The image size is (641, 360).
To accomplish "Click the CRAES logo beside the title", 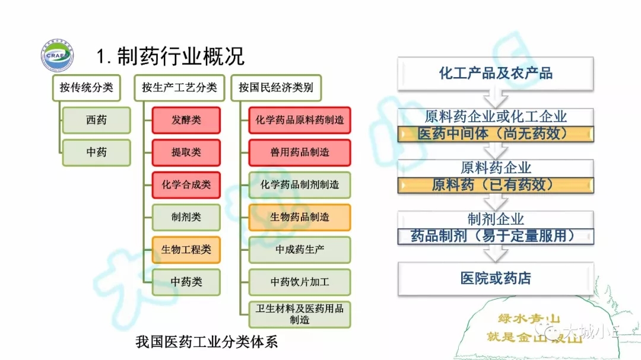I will pyautogui.click(x=58, y=56).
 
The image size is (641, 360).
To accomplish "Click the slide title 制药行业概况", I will pyautogui.click(x=170, y=56).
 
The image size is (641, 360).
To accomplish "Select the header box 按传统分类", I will pyautogui.click(x=86, y=88).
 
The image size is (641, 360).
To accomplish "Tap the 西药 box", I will pyautogui.click(x=96, y=120).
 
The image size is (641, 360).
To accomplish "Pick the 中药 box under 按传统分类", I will pyautogui.click(x=96, y=152).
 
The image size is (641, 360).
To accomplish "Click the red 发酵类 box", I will pyautogui.click(x=186, y=120).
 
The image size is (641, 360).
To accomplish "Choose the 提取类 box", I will pyautogui.click(x=186, y=152).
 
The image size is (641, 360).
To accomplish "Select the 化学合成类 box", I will pyautogui.click(x=186, y=185).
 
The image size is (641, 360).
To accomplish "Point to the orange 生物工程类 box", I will pyautogui.click(x=186, y=250).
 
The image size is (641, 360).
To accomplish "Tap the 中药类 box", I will pyautogui.click(x=186, y=282).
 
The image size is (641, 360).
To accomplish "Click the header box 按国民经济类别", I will pyautogui.click(x=275, y=88).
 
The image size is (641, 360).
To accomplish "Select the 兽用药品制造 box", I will pyautogui.click(x=300, y=152).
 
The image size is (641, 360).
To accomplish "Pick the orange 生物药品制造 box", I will pyautogui.click(x=300, y=217).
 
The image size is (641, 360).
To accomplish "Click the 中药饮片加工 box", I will pyautogui.click(x=300, y=282).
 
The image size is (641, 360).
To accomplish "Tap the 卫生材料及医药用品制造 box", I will pyautogui.click(x=300, y=314).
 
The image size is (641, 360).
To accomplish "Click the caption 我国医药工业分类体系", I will pyautogui.click(x=207, y=342).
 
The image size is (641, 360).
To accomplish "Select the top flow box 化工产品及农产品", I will pyautogui.click(x=496, y=74).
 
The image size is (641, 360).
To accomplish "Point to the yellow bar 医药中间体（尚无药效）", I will pyautogui.click(x=496, y=133).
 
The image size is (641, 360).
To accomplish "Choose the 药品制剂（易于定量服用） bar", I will pyautogui.click(x=496, y=236).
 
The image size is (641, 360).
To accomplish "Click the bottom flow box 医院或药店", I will pyautogui.click(x=496, y=278).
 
